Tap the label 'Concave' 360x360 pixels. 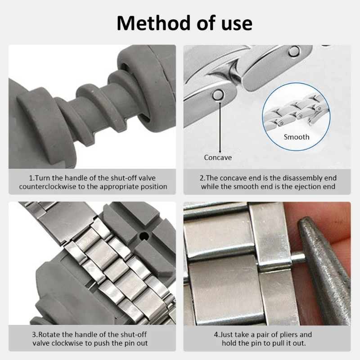click(218, 157)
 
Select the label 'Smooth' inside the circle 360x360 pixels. click(296, 137)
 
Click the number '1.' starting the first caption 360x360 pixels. click(31, 178)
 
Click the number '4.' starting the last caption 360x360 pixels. click(216, 335)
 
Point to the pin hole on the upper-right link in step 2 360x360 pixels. click(293, 53)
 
